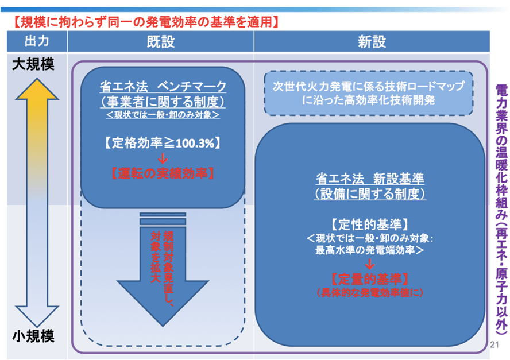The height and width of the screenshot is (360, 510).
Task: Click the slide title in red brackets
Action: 146,22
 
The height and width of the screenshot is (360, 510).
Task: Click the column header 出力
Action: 37,42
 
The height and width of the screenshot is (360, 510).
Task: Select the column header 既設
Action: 160,42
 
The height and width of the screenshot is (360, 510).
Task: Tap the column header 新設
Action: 372,42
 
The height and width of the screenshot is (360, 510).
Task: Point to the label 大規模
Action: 33,65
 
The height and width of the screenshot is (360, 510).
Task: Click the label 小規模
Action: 33,336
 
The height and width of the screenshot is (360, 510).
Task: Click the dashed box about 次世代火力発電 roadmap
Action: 368,93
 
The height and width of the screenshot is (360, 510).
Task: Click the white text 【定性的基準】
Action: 370,224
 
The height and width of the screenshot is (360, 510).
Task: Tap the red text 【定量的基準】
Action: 370,279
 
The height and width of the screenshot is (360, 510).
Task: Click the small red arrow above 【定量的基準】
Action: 370,264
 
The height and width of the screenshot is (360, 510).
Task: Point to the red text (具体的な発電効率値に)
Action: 370,292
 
